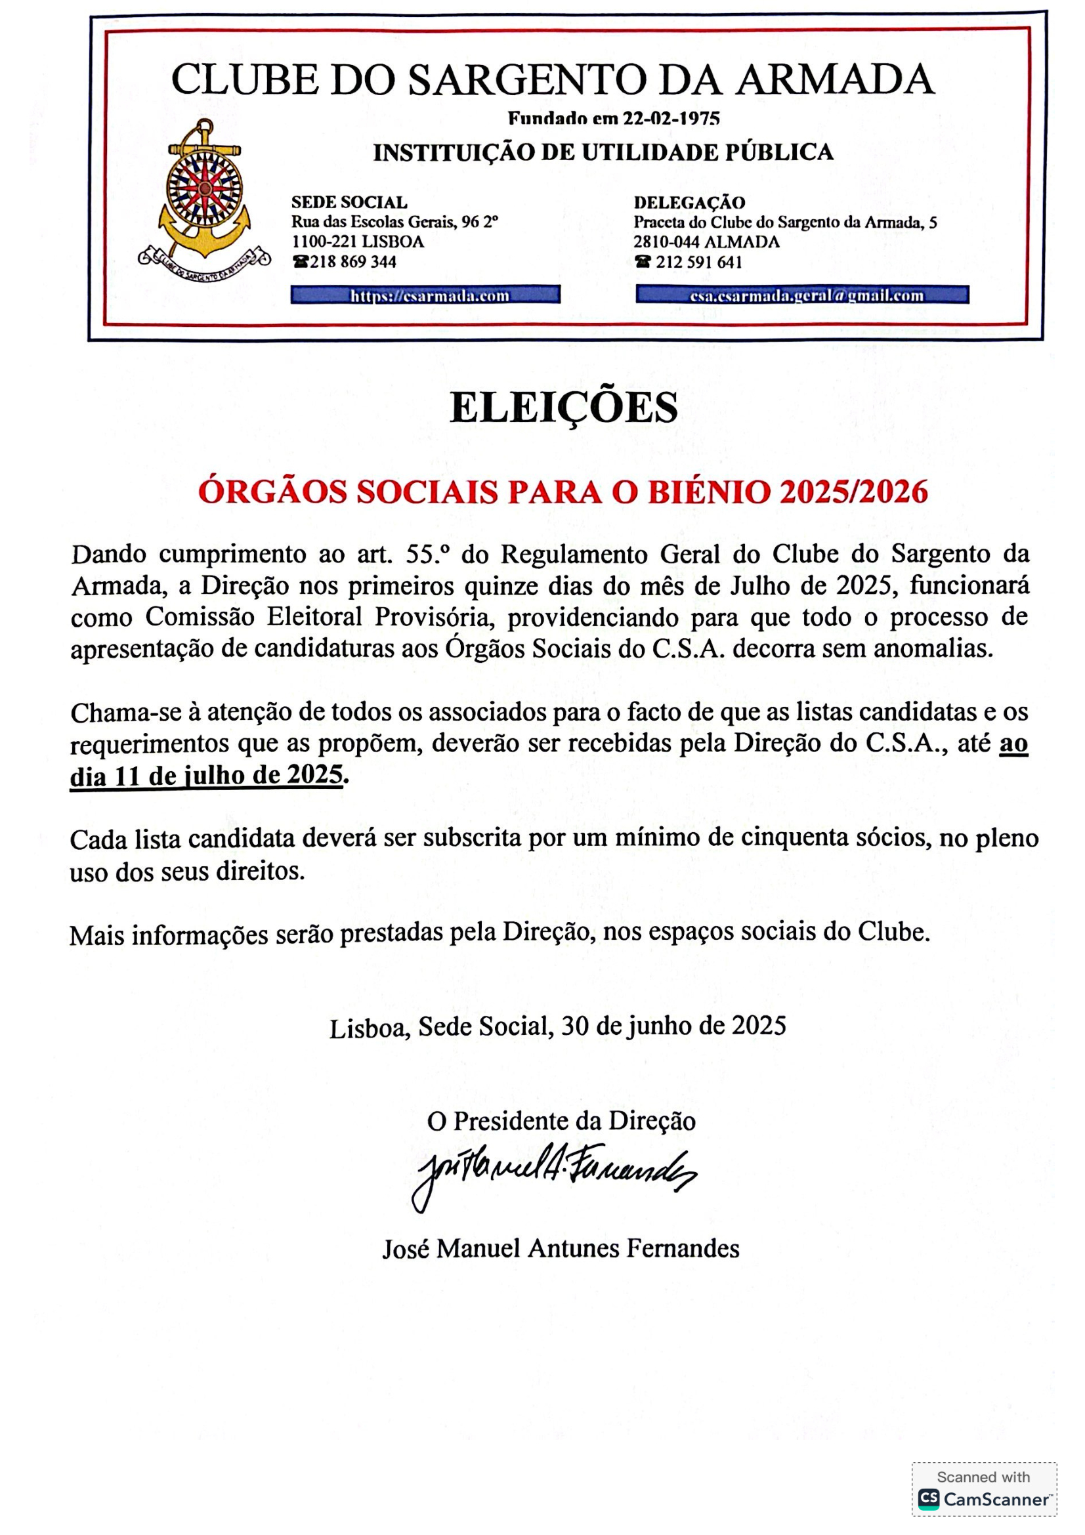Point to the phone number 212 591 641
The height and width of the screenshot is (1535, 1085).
click(698, 262)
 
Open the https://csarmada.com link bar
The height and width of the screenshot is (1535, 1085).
click(425, 295)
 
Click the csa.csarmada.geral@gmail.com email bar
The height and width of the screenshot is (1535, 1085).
click(801, 295)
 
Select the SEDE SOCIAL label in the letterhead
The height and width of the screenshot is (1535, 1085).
click(349, 202)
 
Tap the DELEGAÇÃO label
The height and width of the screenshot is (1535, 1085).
click(689, 202)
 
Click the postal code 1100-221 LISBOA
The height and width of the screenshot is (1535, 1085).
click(358, 242)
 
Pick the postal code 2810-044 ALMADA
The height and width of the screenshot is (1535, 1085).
click(706, 242)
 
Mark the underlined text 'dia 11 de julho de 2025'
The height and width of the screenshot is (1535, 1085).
click(206, 776)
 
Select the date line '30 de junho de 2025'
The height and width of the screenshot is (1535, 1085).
click(673, 1026)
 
